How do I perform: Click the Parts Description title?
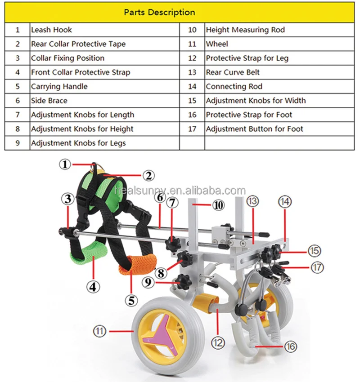(x=160, y=12)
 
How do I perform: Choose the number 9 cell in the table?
(x=18, y=143)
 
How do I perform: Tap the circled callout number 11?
(x=99, y=332)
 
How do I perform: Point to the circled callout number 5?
(x=131, y=300)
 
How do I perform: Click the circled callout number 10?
(x=218, y=205)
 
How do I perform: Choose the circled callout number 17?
(x=317, y=267)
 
